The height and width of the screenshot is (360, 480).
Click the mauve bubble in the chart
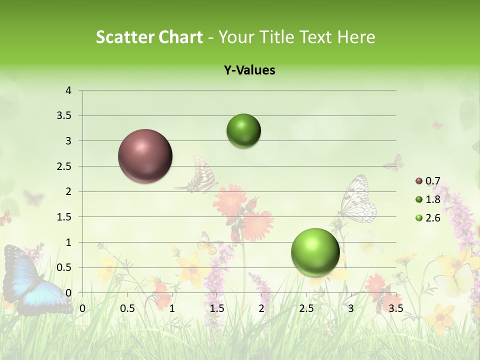pos(145,156)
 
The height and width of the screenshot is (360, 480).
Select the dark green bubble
pos(243,131)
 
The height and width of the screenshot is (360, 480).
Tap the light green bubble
pos(315,252)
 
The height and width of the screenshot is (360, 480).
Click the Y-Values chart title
pos(249,70)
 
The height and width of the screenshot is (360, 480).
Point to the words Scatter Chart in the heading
pos(149,37)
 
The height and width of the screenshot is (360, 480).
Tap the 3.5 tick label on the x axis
pos(395,308)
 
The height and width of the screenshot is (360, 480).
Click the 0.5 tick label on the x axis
pos(127,308)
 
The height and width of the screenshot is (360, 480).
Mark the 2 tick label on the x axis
pos(261,308)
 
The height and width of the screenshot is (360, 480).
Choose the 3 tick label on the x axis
pos(351,308)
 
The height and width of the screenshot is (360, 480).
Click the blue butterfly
pos(30,280)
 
